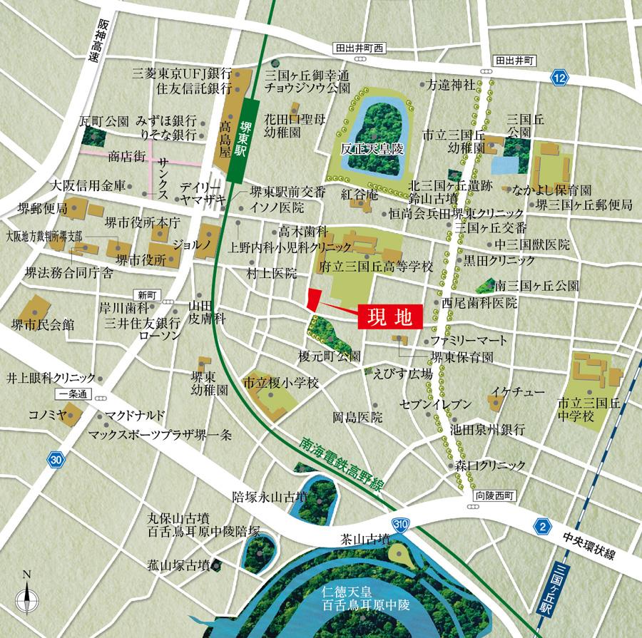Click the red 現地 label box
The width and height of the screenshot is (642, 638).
(389, 317)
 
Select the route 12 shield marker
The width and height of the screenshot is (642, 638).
(561, 76)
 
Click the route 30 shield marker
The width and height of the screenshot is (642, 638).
(56, 461)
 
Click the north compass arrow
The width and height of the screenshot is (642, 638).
(28, 592)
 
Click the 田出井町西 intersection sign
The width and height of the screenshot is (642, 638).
(360, 48)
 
